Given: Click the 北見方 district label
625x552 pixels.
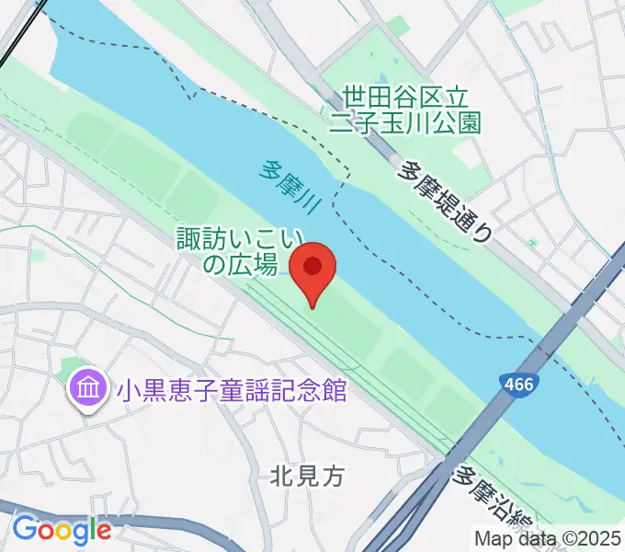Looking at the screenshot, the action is tap(307, 476).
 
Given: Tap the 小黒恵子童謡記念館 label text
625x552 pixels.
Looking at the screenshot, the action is tap(230, 390).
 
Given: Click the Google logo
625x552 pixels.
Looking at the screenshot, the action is tap(62, 530).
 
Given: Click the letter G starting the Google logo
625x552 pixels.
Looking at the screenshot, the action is tap(24, 529).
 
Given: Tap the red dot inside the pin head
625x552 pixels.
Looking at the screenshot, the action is tap(312, 265).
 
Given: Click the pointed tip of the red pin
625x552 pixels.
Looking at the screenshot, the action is tap(312, 306).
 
